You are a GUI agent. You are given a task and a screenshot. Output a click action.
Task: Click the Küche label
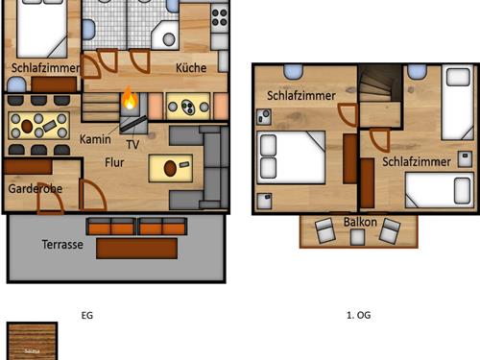pyautogui.click(x=191, y=68)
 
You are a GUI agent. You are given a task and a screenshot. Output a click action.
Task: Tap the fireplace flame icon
pyautogui.click(x=129, y=99)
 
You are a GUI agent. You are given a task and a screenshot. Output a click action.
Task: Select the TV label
pyautogui.click(x=132, y=145)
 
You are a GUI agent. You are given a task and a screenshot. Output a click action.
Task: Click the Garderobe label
pyautogui.click(x=36, y=189)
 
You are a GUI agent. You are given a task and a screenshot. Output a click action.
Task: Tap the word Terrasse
pyautogui.click(x=61, y=245)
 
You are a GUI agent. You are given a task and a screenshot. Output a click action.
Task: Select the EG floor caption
pyautogui.click(x=87, y=315)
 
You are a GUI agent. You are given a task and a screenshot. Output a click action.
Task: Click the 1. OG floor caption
pyautogui.click(x=359, y=315)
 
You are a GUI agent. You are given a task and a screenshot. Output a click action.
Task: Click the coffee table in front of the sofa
pyautogui.click(x=170, y=168)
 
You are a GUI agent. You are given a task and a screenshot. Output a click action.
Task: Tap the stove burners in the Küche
pyautogui.click(x=220, y=16)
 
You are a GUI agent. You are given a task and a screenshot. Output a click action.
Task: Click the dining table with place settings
pyautogui.click(x=38, y=124)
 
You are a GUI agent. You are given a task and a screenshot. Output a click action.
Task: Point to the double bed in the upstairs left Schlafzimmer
pyautogui.click(x=292, y=156)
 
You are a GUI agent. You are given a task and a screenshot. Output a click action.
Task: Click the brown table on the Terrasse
pyautogui.click(x=136, y=247)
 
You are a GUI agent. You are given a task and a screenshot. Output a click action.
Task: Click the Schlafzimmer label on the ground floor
pyautogui.click(x=44, y=69)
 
